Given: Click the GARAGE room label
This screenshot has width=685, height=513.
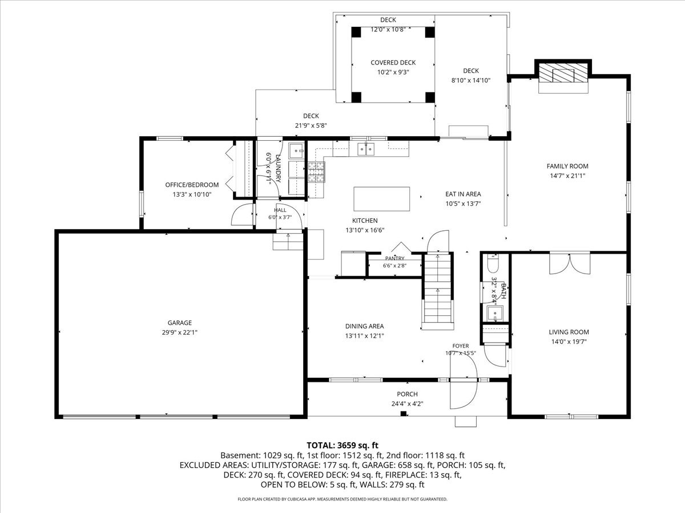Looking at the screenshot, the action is (179, 323).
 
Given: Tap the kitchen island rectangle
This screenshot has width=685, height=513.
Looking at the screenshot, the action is (381, 199).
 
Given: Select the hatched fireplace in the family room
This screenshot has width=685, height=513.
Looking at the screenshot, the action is (563, 73).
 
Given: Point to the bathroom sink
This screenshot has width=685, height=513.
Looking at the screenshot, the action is (495, 313).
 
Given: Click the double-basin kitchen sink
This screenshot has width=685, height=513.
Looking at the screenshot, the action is (366, 149).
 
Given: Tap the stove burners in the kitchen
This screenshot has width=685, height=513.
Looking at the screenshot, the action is (316, 172).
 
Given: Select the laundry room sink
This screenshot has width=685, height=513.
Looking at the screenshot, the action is (296, 150).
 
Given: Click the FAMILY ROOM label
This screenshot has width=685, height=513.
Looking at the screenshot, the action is (567, 166).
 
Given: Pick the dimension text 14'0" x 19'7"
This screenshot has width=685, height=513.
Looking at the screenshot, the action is (569, 341).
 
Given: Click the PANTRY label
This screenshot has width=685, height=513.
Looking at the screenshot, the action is (395, 258).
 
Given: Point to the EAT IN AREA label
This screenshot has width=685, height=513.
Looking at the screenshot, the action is (463, 194).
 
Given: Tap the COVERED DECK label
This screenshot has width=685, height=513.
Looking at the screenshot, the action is (393, 63).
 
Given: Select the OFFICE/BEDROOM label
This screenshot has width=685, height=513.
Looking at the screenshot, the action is (192, 185).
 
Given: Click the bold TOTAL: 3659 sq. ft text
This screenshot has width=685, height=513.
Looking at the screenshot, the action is (342, 445).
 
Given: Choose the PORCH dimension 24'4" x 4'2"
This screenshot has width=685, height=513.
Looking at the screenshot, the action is (407, 404).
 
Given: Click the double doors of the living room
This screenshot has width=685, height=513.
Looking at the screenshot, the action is (570, 263).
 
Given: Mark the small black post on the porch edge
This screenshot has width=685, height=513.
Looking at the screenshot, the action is (404, 414).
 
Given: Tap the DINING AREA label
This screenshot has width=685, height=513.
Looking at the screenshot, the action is (365, 326).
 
